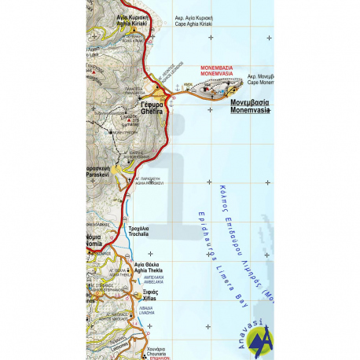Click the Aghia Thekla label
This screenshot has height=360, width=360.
pos(147,266)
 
